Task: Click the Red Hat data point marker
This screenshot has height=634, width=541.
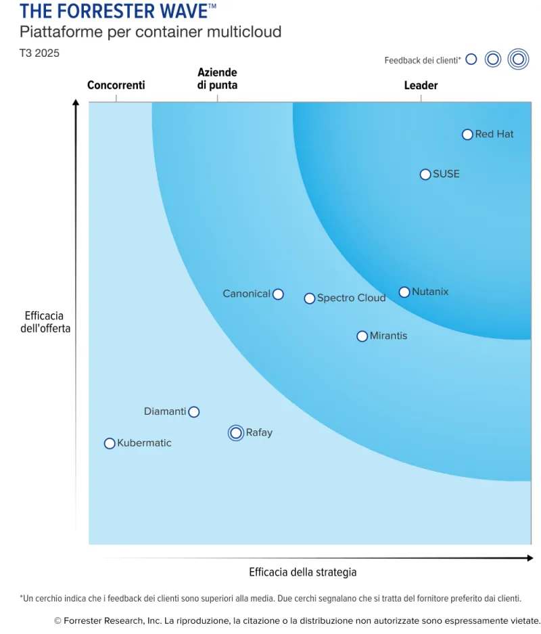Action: [467, 135]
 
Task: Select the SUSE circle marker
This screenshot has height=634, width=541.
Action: [425, 175]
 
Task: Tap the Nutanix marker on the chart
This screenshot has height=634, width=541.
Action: [404, 292]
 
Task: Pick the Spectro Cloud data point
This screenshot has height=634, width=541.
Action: [310, 298]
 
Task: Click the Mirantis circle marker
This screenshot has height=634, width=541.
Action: [362, 336]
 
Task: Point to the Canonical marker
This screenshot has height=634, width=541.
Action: [278, 294]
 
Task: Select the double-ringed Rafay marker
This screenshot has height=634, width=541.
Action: [235, 433]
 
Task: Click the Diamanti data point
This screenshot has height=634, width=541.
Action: [194, 412]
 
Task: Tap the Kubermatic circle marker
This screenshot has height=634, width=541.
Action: [110, 444]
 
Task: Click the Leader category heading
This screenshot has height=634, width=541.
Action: [421, 85]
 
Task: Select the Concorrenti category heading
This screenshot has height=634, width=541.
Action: [116, 85]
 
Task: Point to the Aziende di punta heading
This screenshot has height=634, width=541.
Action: [217, 78]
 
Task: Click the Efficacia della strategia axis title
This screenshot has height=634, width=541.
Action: [302, 572]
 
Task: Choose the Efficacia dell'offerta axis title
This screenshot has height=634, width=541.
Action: [45, 322]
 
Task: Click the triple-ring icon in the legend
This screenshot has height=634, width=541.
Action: [519, 60]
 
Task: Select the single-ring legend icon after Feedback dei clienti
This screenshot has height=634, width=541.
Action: [471, 60]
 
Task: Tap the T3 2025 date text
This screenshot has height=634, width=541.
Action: [39, 53]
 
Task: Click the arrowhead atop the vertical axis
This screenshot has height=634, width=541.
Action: [76, 103]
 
